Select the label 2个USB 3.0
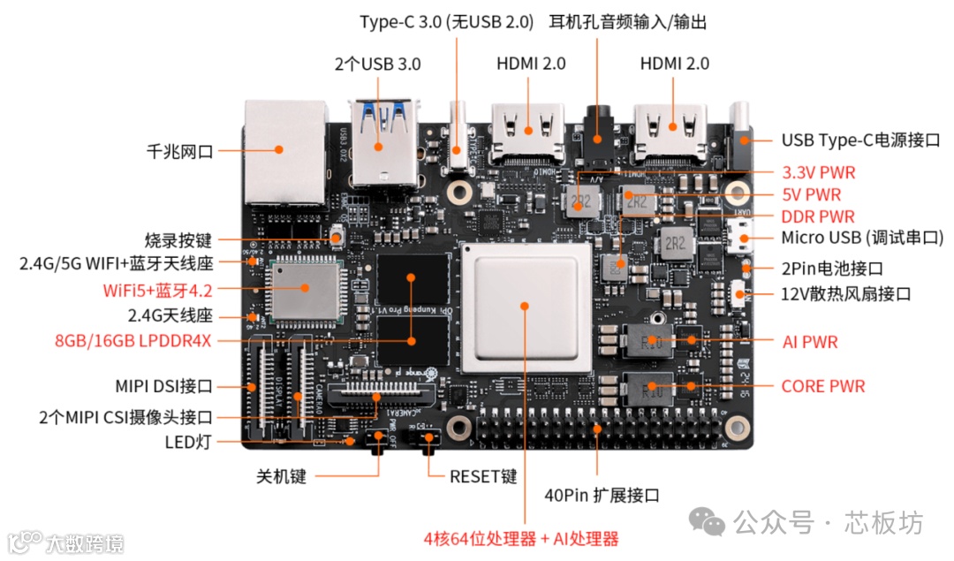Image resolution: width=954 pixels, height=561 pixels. point(377,64)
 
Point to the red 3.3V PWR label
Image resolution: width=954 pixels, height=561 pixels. point(818,172)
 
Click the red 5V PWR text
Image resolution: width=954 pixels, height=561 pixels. point(811,194)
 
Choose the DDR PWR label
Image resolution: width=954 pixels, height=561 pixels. point(817,216)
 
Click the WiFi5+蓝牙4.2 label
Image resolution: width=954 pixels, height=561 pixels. point(157,289)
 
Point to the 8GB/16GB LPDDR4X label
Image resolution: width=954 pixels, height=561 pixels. point(132,340)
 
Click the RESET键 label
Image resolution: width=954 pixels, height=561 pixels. point(483,476)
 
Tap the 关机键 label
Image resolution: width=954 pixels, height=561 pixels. point(281,476)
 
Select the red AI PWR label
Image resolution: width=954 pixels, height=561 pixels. point(810,341)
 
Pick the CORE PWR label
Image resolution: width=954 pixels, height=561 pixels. point(823,386)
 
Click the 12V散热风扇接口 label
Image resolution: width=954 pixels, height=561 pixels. point(845,294)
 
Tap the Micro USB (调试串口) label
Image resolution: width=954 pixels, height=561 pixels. point(861,238)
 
